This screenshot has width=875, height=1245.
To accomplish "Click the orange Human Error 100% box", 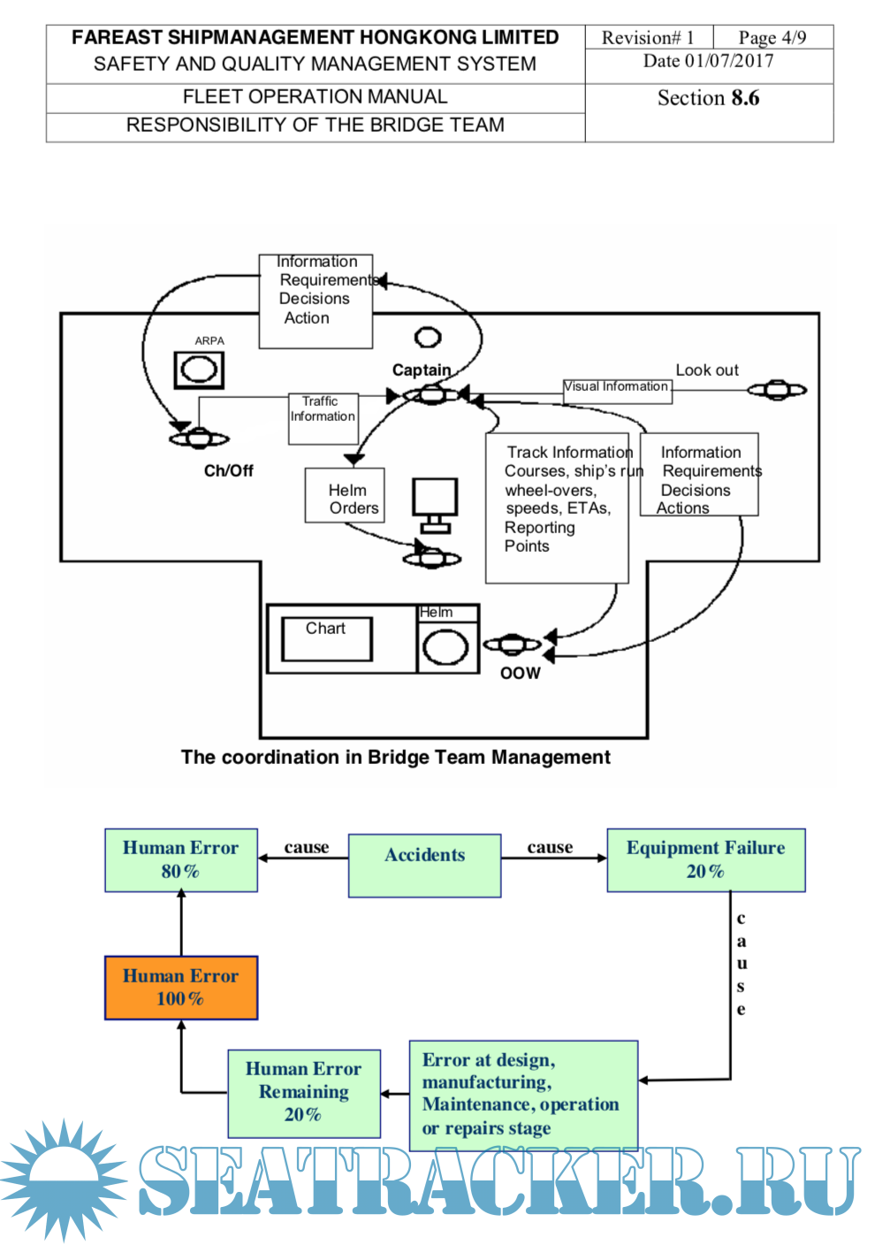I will click(x=181, y=988).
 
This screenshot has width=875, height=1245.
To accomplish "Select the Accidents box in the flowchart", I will click(x=424, y=866).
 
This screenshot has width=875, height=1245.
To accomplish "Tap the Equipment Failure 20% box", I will click(x=705, y=859).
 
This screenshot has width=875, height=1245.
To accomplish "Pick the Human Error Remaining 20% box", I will click(x=304, y=1093).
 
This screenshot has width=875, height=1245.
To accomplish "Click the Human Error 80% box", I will click(x=181, y=859).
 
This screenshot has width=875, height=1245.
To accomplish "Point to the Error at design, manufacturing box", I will click(x=523, y=1094).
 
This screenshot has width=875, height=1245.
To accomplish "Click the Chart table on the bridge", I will click(x=326, y=638).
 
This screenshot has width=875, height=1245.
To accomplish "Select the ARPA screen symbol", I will click(x=199, y=370).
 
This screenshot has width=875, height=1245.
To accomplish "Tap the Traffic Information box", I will click(x=323, y=418).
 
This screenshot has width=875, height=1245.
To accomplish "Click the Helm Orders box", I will click(x=345, y=496).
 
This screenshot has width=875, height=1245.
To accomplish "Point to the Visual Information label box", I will click(x=617, y=390).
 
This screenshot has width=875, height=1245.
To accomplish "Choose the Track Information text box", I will click(x=557, y=508).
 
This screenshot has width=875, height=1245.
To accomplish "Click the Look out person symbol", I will click(x=777, y=390).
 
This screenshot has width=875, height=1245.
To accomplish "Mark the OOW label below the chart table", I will click(x=521, y=674).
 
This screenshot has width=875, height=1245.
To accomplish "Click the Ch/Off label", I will click(x=228, y=470).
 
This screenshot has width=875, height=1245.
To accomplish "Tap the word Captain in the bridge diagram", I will click(x=422, y=370).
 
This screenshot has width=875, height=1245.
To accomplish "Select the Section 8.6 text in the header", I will click(x=708, y=98).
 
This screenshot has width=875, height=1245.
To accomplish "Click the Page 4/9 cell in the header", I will click(x=772, y=37).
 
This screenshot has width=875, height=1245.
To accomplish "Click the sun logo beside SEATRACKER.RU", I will click(x=64, y=1180).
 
